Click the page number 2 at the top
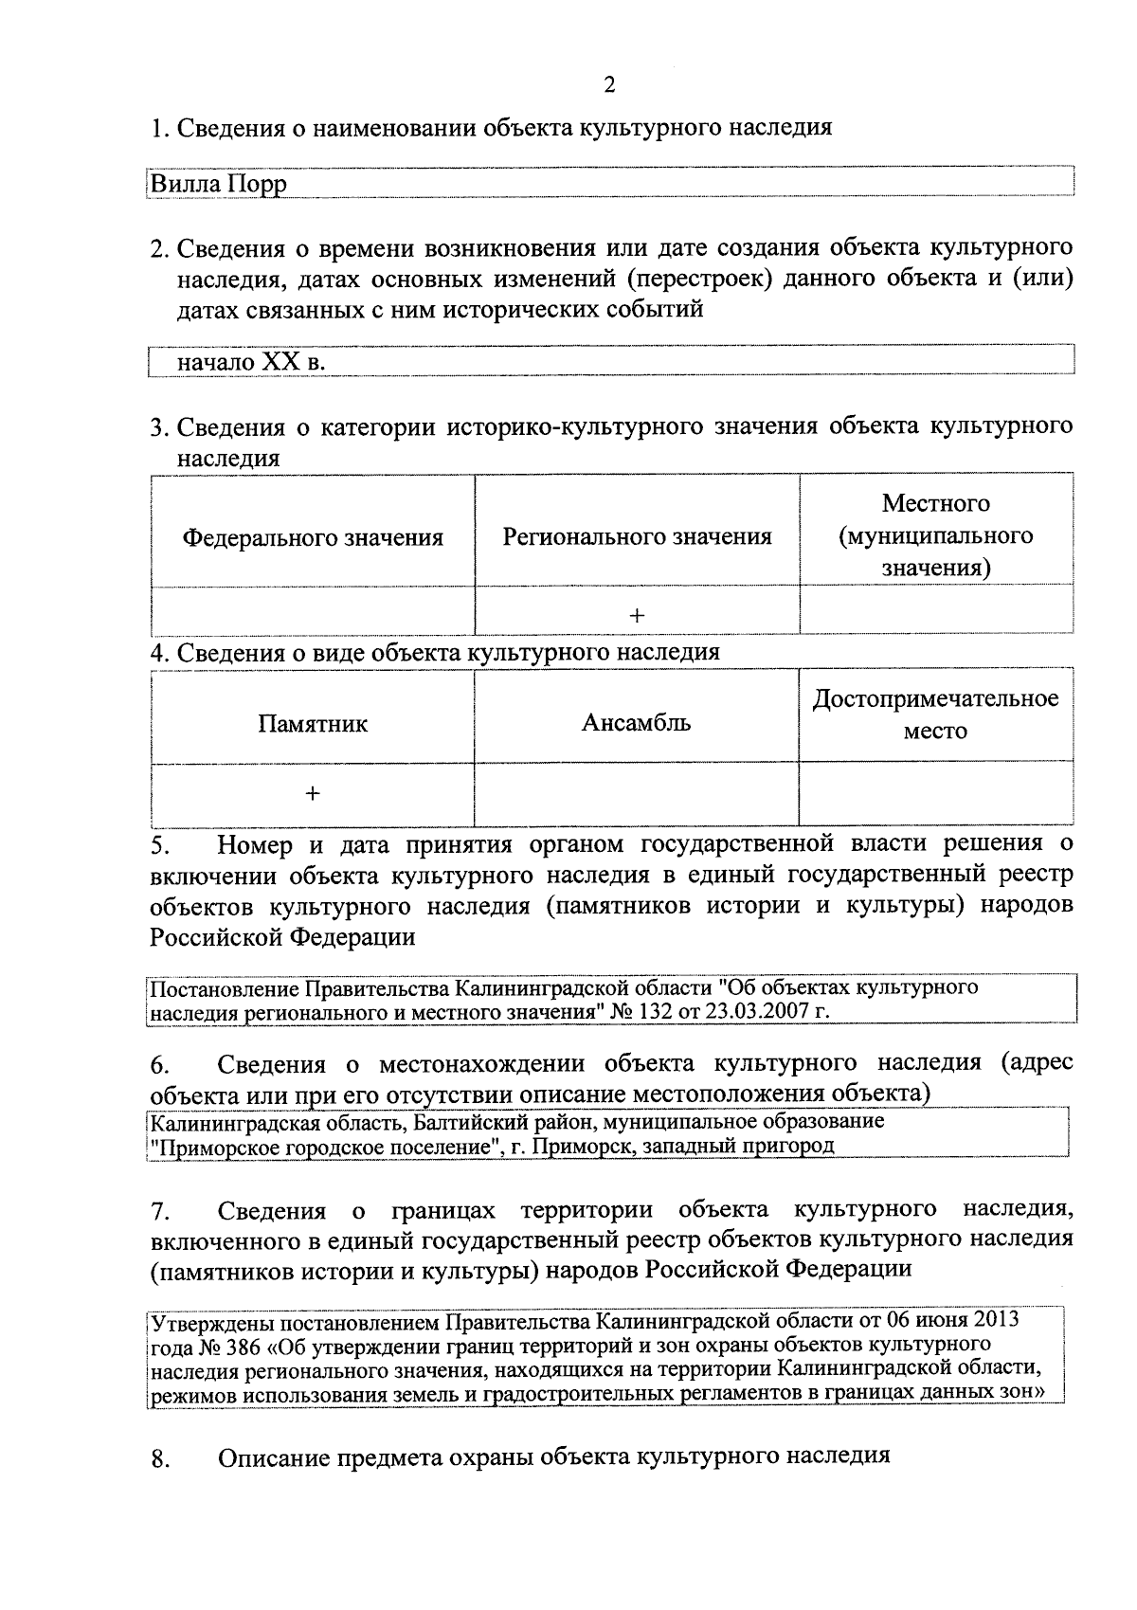[609, 86]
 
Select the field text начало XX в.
[251, 362]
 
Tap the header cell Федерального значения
[313, 538]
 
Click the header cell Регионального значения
[637, 537]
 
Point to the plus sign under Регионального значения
[637, 616]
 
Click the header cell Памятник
[313, 725]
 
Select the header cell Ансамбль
[636, 723]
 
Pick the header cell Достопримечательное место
[935, 715]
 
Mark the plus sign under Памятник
[313, 794]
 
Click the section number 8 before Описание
[159, 1460]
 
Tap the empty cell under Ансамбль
[636, 794]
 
